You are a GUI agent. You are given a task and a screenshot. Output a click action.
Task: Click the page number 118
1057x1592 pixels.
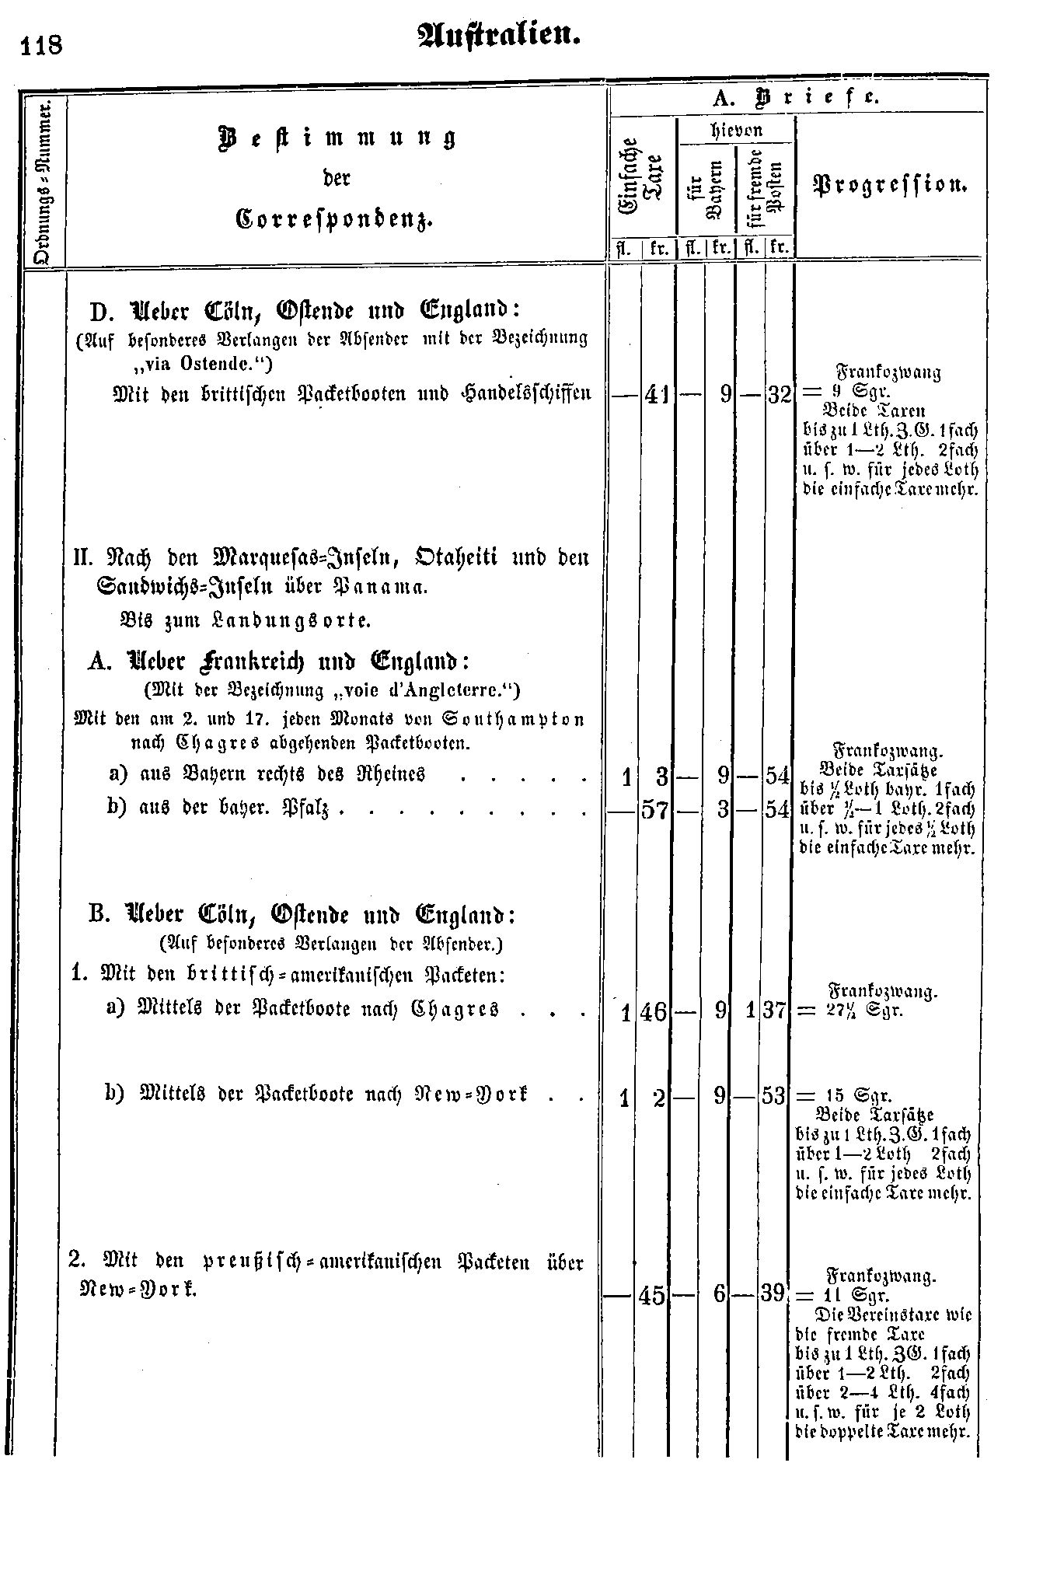point(43,46)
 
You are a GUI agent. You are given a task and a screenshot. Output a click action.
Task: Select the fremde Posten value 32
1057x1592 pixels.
point(778,395)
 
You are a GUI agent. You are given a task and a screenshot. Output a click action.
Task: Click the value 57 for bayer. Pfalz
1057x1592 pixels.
point(656,811)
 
